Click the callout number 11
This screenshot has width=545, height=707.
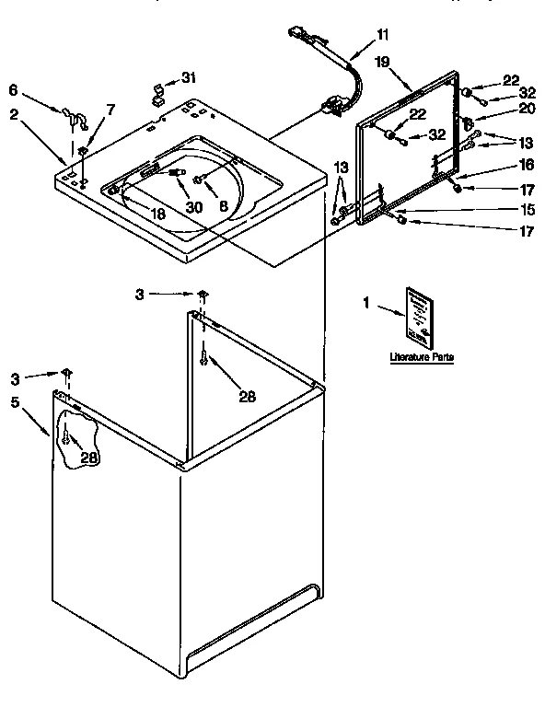tap(383, 35)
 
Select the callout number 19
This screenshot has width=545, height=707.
tap(383, 62)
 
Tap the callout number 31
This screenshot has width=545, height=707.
tap(189, 76)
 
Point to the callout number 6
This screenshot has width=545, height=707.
tap(13, 89)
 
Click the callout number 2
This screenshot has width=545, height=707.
tap(14, 114)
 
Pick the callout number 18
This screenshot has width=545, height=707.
tap(159, 213)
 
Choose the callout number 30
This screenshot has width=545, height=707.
tap(193, 207)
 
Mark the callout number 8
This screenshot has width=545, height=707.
tap(222, 207)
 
